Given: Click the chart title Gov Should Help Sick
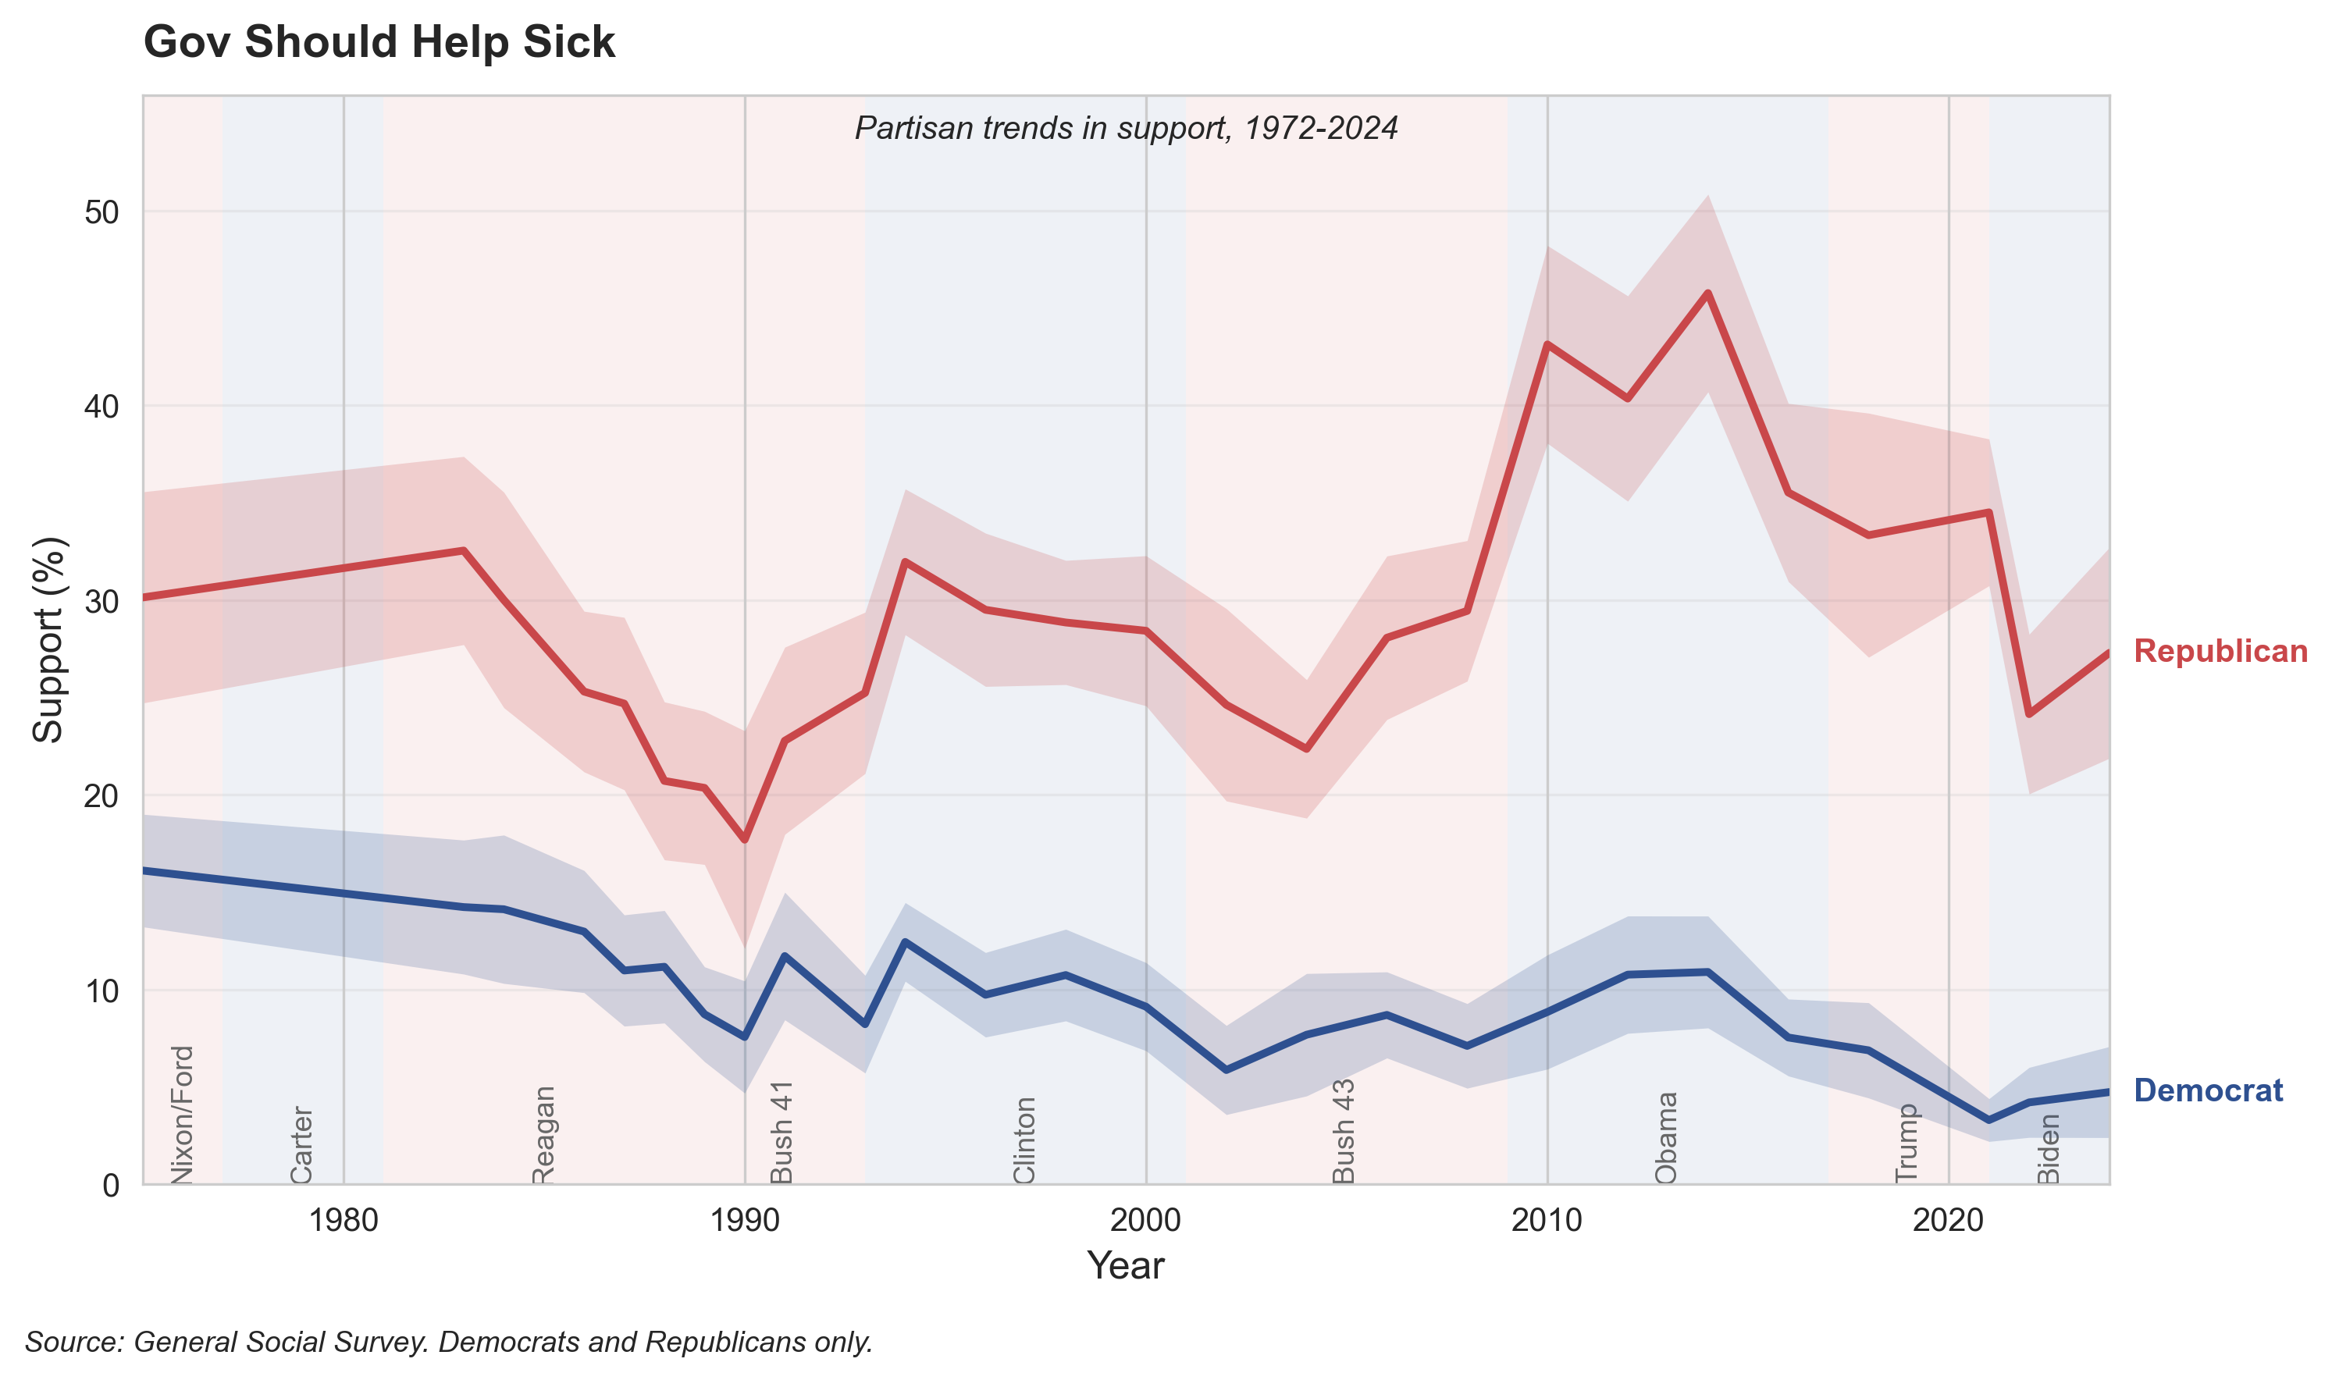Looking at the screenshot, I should pyautogui.click(x=379, y=43).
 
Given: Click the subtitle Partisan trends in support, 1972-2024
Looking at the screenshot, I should pyautogui.click(x=1126, y=128).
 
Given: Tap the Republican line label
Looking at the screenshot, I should pyautogui.click(x=2220, y=651).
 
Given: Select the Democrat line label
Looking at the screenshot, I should pyautogui.click(x=2207, y=1090).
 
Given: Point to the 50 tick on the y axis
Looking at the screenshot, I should pyautogui.click(x=102, y=213).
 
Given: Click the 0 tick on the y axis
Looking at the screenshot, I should pyautogui.click(x=112, y=1186).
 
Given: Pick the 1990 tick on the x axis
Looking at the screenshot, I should pyautogui.click(x=744, y=1220).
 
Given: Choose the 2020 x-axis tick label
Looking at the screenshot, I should pyautogui.click(x=1947, y=1220).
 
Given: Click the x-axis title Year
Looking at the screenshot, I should pyautogui.click(x=1125, y=1265).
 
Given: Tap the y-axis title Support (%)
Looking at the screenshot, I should pyautogui.click(x=48, y=640).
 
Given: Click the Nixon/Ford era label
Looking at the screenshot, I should pyautogui.click(x=183, y=1114).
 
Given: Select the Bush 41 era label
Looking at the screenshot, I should pyautogui.click(x=782, y=1132).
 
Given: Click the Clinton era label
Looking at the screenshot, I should pyautogui.click(x=1024, y=1140).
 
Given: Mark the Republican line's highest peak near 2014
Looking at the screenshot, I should pyautogui.click(x=1707, y=293).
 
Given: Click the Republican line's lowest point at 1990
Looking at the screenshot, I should pyautogui.click(x=745, y=840).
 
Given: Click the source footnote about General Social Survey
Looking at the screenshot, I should pyautogui.click(x=449, y=1342).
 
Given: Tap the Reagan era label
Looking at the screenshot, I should pyautogui.click(x=543, y=1134).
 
